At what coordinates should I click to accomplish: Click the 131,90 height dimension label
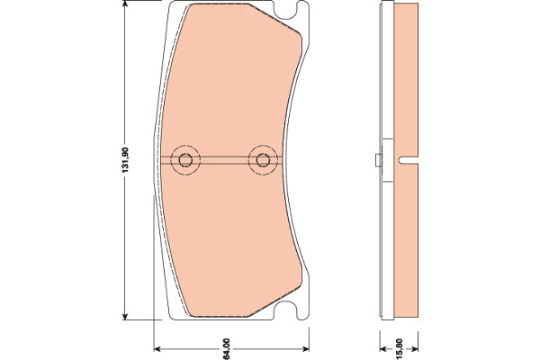tap(125, 160)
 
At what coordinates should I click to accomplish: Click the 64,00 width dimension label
tap(226, 349)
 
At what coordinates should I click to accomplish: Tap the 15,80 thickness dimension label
tap(399, 349)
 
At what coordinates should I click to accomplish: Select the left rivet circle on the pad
tap(185, 160)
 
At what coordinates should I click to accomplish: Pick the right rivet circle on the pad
tap(263, 160)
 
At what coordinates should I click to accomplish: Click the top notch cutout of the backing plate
tap(286, 11)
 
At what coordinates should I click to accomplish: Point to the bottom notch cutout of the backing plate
tap(285, 310)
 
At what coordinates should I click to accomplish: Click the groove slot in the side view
tap(408, 160)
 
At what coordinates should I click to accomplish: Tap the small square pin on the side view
tap(379, 160)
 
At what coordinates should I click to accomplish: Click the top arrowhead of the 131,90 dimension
tap(125, 4)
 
